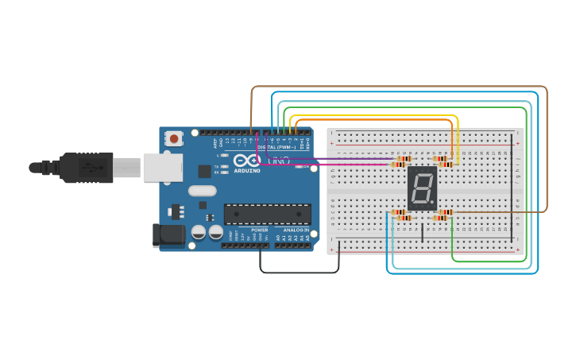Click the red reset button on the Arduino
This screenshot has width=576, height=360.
tap(174, 138)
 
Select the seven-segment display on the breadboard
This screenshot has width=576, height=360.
tap(422, 188)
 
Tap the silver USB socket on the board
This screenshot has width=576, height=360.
tap(163, 168)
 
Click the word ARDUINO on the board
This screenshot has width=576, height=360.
tap(247, 171)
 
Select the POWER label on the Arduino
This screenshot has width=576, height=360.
tap(259, 230)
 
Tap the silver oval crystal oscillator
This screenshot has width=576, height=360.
tap(203, 191)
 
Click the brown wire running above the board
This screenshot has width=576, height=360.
tap(397, 87)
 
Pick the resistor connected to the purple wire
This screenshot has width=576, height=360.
tap(398, 165)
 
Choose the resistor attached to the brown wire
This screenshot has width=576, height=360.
tap(444, 212)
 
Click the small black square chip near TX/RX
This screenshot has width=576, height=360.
tap(205, 170)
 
